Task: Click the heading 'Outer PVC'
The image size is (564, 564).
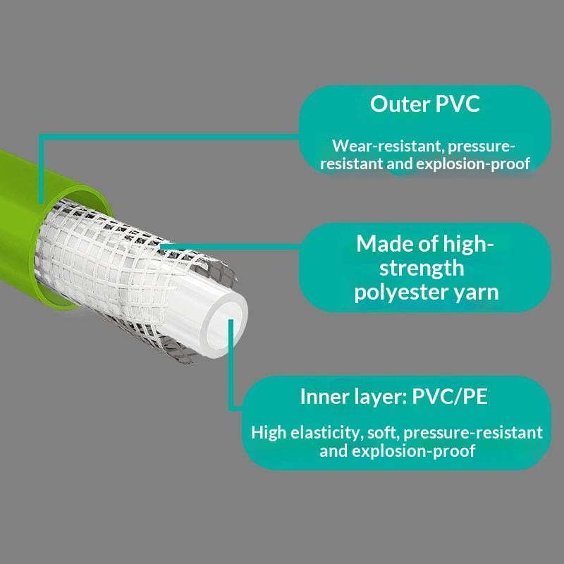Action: click(x=425, y=104)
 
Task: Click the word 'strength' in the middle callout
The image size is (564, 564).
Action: click(x=421, y=268)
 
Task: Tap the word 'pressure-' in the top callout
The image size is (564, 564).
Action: click(x=482, y=147)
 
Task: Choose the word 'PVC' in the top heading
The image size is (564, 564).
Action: click(x=457, y=104)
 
